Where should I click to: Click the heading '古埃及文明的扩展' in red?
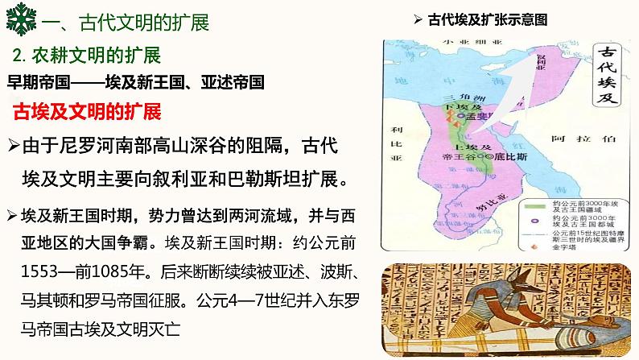(x=88, y=111)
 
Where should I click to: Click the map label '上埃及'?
(x=466, y=147)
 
